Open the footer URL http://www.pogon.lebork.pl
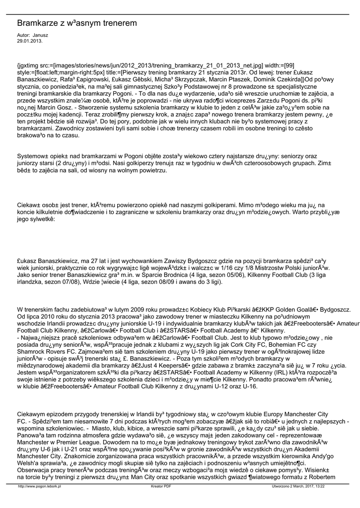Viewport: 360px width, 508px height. tap(39, 487)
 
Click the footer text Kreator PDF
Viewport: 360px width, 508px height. tap(161, 487)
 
